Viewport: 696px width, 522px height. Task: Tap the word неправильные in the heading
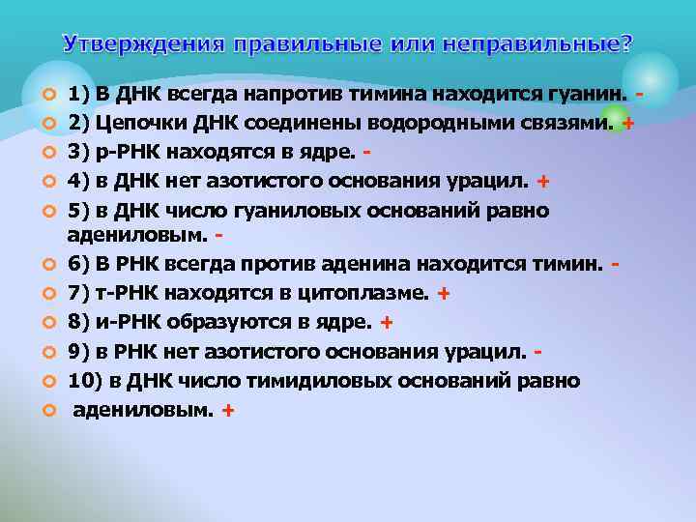[556, 44]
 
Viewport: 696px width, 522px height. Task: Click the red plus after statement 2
[628, 125]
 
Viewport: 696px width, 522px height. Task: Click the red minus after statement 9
[537, 351]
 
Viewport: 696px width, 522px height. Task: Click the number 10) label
[85, 380]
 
